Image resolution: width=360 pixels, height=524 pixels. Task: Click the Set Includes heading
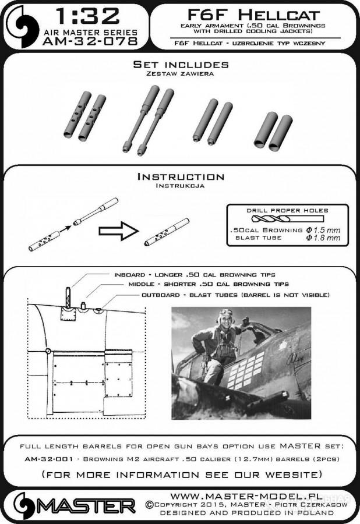pos(180,64)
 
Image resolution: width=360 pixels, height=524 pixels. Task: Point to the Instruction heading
pos(179,176)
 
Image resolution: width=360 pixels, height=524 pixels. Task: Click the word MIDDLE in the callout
pos(139,285)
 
